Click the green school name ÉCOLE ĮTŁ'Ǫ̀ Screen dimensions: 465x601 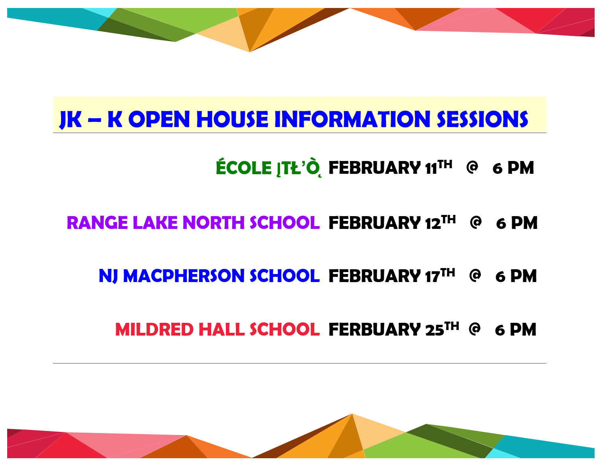[x=268, y=168]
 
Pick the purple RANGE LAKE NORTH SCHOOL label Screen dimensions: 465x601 [x=193, y=223]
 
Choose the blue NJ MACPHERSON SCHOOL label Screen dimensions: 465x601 [x=209, y=276]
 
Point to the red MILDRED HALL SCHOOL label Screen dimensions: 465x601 [x=217, y=330]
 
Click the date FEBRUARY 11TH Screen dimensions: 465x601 [x=390, y=168]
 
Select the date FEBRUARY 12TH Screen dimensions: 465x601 [x=392, y=223]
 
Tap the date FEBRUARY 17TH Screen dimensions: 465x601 [x=391, y=276]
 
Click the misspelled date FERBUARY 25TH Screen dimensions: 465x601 [x=393, y=330]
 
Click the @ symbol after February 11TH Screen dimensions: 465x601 [x=472, y=167]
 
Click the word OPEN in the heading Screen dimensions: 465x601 [x=159, y=119]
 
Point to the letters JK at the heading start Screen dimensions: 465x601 [x=71, y=119]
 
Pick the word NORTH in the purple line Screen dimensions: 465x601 [x=214, y=223]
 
